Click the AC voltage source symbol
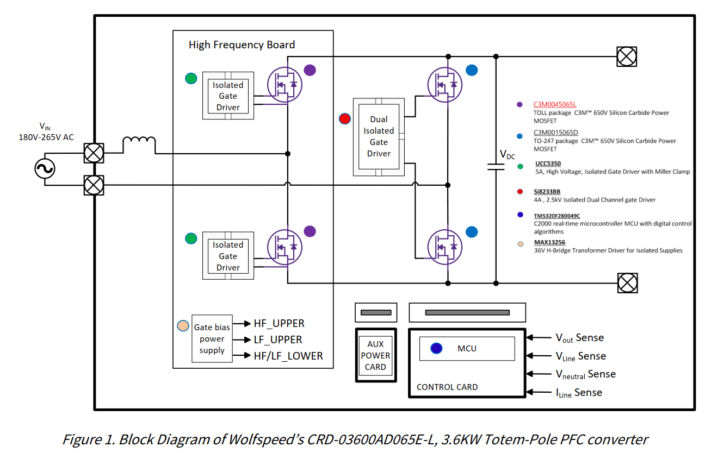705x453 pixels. [x=45, y=168]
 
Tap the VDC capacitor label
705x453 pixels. [x=508, y=155]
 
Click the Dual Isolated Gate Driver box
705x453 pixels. [x=379, y=136]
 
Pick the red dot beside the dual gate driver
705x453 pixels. [x=344, y=118]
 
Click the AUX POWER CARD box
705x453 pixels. [x=375, y=356]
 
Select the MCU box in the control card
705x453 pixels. [x=467, y=349]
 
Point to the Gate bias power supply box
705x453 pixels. [x=212, y=339]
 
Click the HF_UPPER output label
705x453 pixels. [x=279, y=323]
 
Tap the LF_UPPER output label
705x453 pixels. [x=278, y=339]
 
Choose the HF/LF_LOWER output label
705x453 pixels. [x=288, y=356]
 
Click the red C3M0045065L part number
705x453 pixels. [x=555, y=104]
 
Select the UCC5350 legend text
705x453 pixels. [x=548, y=163]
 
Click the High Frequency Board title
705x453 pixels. [x=242, y=45]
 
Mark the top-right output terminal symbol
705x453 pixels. [x=627, y=56]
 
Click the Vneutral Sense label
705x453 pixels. [x=585, y=374]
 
